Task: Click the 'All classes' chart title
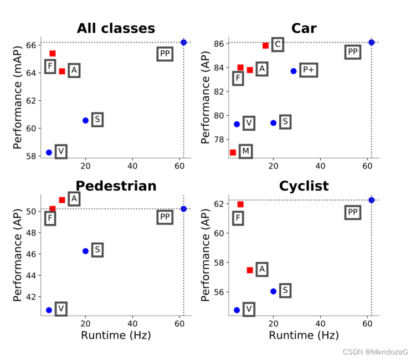point(116,29)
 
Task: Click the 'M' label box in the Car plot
point(245,151)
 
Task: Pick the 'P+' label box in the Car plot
point(308,70)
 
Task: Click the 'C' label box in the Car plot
point(278,44)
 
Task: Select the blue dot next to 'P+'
point(294,71)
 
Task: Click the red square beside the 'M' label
point(233,152)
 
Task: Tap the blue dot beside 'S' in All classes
point(85,120)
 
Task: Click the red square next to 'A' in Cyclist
point(250,270)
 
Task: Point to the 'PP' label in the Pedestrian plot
point(165,217)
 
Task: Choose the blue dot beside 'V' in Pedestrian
point(49,310)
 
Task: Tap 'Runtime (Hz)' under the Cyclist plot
point(304,335)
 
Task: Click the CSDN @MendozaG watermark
point(375,352)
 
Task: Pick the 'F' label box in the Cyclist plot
point(238,218)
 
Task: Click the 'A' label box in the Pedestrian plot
point(74,198)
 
